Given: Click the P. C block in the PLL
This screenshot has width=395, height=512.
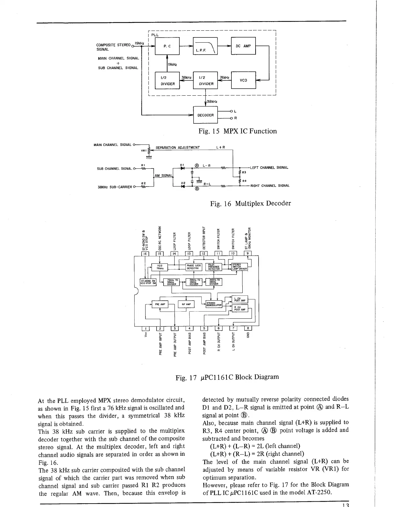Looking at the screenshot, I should (x=167, y=46).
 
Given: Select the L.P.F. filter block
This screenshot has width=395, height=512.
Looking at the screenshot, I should (x=205, y=46).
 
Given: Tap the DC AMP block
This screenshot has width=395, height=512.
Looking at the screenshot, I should (x=243, y=46).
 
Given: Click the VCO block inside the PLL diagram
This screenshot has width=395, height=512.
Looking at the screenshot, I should (x=243, y=80).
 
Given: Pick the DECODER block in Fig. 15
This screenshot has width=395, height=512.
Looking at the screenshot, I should (x=205, y=115).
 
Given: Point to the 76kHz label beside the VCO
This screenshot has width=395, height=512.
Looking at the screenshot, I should (x=224, y=78).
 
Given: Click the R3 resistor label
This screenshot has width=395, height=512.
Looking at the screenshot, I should (x=244, y=172).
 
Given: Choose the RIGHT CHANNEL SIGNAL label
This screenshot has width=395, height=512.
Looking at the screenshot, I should (x=270, y=186).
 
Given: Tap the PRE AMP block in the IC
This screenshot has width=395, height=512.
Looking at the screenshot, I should (x=160, y=304).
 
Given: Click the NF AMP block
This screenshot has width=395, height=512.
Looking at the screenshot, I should (x=186, y=304).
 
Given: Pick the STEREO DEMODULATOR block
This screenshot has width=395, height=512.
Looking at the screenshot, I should (x=214, y=304).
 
